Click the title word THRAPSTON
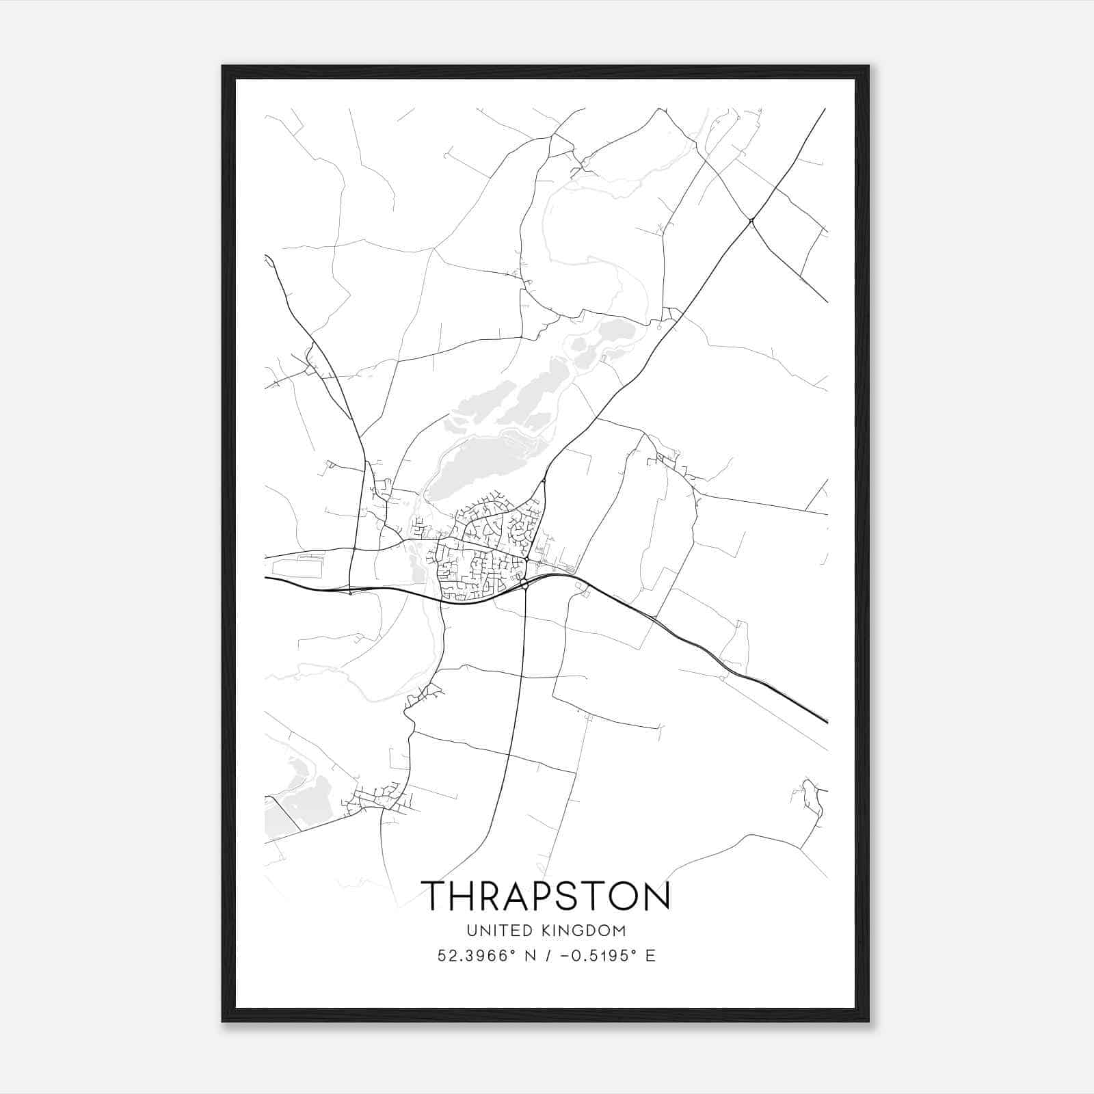click(x=546, y=896)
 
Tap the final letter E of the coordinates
click(x=651, y=956)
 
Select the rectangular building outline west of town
click(x=297, y=566)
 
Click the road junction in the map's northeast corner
click(x=751, y=220)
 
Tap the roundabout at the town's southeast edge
click(x=524, y=584)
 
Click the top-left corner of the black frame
click(x=224, y=67)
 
